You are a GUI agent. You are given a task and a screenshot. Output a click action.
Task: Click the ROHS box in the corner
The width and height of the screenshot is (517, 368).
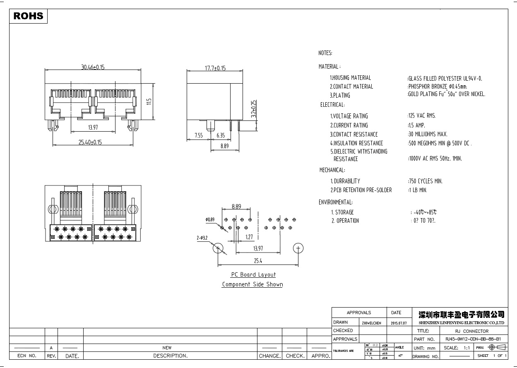point(29,16)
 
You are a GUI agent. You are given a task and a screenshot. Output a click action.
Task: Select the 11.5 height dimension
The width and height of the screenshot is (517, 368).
point(149,101)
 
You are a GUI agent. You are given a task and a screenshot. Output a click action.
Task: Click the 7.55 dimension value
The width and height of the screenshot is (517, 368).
point(199,135)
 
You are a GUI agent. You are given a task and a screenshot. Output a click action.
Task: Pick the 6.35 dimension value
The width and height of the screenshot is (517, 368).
point(221,135)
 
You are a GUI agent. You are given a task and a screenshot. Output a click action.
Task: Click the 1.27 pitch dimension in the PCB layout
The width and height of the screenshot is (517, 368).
point(249,237)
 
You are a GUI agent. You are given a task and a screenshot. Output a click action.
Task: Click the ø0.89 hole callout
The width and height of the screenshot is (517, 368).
point(210,219)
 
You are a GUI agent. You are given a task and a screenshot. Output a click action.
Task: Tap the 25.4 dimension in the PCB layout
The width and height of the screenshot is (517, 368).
point(258,261)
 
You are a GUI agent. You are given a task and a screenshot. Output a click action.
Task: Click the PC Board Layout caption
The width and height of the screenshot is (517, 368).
point(253,275)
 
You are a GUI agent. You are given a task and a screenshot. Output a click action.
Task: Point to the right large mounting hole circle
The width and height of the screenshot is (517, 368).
point(298,248)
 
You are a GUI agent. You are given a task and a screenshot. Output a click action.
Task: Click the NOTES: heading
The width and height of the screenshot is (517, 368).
point(325,53)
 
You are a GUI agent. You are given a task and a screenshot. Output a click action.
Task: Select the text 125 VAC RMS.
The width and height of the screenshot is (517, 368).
point(422,116)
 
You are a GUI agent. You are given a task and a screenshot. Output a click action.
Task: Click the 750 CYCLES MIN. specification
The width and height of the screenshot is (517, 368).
point(426,181)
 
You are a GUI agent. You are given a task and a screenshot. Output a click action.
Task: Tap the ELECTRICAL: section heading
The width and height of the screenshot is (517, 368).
point(332,105)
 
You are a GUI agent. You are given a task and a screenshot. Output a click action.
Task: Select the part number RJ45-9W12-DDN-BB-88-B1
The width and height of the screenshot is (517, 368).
point(472,339)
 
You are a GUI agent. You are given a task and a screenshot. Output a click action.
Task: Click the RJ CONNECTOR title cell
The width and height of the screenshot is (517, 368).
point(471,331)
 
